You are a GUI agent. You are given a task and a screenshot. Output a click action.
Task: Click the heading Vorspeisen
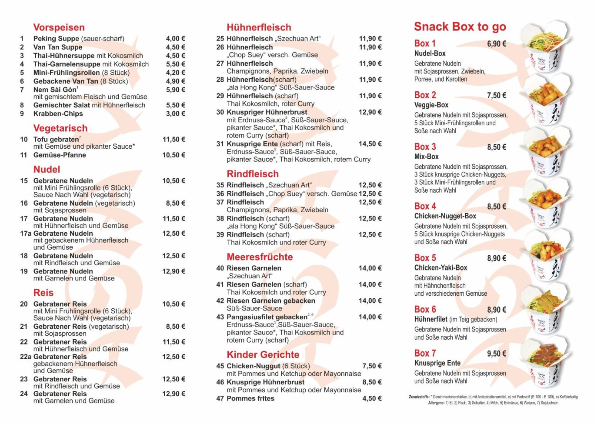pyautogui.click(x=59, y=27)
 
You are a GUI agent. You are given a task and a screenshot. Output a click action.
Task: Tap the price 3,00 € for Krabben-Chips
pyautogui.click(x=175, y=114)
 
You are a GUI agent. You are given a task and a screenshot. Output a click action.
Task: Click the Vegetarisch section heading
pyautogui.click(x=60, y=128)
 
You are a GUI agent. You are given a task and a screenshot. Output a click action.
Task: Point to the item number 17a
pyautogui.click(x=26, y=234)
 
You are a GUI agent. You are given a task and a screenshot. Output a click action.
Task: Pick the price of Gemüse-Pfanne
pyautogui.click(x=174, y=155)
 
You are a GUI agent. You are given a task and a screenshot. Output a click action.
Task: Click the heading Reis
pyautogui.click(x=43, y=293)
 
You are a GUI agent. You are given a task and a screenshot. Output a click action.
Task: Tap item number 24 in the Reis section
pyautogui.click(x=24, y=394)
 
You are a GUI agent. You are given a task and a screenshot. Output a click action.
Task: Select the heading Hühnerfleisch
pyautogui.click(x=259, y=27)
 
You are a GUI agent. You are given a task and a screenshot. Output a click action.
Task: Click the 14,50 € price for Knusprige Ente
pyautogui.click(x=370, y=144)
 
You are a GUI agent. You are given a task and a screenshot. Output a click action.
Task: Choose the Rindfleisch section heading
pyautogui.click(x=253, y=174)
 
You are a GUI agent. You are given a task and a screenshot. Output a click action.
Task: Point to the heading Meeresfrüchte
pyautogui.click(x=260, y=257)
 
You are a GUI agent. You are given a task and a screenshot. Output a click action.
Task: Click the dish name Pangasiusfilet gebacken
pyautogui.click(x=267, y=317)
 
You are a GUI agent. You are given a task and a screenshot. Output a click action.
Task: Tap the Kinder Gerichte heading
pyautogui.click(x=263, y=355)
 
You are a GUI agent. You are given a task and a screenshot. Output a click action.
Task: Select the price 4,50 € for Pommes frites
pyautogui.click(x=372, y=398)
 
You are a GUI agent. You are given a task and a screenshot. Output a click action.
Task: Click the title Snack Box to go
pyautogui.click(x=460, y=27)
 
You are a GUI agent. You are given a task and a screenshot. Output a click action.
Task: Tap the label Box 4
pyautogui.click(x=425, y=207)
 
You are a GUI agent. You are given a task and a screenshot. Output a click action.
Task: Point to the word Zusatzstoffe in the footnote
pyautogui.click(x=419, y=397)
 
